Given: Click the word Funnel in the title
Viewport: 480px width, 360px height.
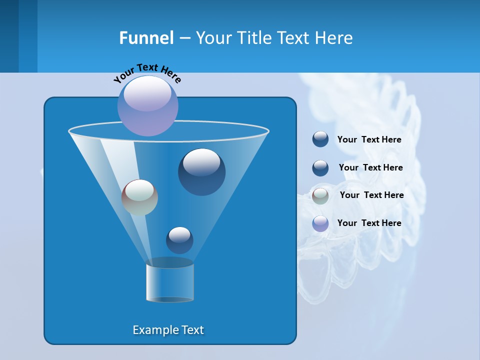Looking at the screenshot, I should [x=146, y=38].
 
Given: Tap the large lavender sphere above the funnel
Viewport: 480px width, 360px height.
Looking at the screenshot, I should [x=148, y=105].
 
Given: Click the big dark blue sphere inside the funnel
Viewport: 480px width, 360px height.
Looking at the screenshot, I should [x=201, y=172].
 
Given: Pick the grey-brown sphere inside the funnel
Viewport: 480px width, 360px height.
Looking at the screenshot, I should [x=139, y=197].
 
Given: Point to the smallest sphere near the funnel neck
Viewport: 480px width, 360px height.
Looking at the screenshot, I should [x=179, y=240].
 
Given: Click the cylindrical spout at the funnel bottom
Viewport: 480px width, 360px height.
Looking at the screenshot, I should [x=170, y=282].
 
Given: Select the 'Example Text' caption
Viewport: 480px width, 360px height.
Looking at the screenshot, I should [x=168, y=330].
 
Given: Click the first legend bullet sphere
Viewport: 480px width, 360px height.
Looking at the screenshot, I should [x=320, y=139].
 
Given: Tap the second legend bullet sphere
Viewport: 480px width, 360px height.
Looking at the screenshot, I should [x=320, y=168].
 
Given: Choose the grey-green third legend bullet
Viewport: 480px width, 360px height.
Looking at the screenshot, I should [x=320, y=195].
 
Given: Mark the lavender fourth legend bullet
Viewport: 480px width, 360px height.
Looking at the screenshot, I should [x=320, y=223].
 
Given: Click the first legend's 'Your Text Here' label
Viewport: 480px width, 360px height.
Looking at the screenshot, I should [x=369, y=140].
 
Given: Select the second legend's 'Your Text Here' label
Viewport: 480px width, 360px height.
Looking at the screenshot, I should [x=370, y=168].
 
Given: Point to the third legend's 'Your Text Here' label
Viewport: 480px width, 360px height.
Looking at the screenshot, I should [x=371, y=195].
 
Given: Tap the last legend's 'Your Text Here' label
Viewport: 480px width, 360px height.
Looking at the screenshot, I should [x=369, y=223].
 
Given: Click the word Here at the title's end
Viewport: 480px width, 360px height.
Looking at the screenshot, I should [x=334, y=38].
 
